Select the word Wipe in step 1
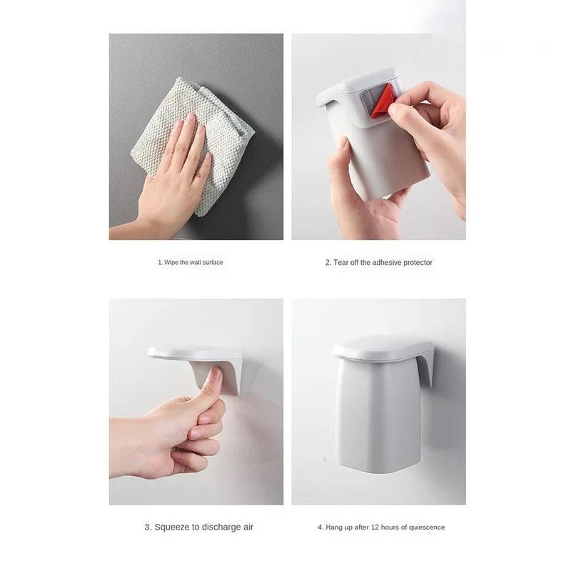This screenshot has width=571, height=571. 172,263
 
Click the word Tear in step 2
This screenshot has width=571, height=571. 341,263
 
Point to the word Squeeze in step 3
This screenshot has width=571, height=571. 171,527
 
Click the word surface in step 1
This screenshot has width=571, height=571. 212,263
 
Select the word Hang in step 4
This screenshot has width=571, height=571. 334,527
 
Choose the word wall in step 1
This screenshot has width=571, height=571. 194,263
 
